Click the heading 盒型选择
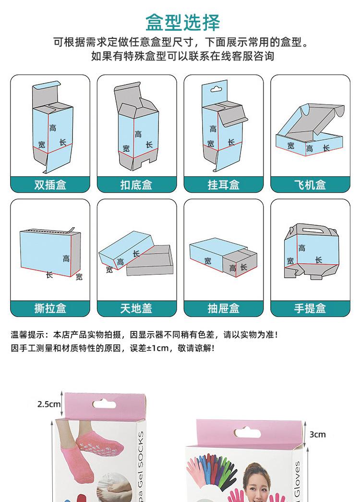[x=182, y=23]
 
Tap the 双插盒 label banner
[x=50, y=185]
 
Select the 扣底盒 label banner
[x=137, y=185]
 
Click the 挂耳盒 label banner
[x=223, y=185]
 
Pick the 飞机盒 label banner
[x=310, y=185]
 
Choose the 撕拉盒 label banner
[x=50, y=308]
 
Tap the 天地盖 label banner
[x=137, y=308]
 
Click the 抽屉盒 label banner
[x=223, y=308]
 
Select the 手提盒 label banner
[x=310, y=308]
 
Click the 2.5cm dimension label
[x=49, y=404]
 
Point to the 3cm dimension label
[x=317, y=435]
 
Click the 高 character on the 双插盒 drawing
[x=53, y=128]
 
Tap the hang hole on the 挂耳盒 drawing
[x=217, y=89]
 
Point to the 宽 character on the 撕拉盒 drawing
[x=79, y=277]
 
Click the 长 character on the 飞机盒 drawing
[x=326, y=148]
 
